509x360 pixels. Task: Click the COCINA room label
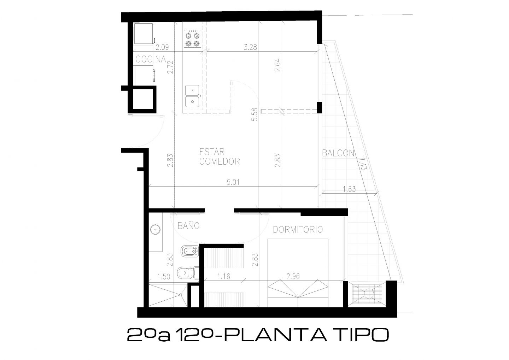(151, 59)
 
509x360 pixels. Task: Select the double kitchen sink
(192, 96)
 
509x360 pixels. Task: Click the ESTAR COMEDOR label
(220, 157)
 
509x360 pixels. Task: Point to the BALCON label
(338, 153)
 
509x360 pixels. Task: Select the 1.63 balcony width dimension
(349, 189)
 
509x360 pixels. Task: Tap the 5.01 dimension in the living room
(233, 182)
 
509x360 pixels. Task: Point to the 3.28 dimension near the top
(250, 47)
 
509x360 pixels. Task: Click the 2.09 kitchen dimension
(162, 47)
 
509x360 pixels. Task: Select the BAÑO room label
(189, 225)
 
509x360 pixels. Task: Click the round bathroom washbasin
(156, 230)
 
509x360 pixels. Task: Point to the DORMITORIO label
(298, 230)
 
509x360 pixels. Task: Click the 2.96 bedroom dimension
(293, 276)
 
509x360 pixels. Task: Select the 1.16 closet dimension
(224, 276)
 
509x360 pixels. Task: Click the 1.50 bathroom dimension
(164, 277)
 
